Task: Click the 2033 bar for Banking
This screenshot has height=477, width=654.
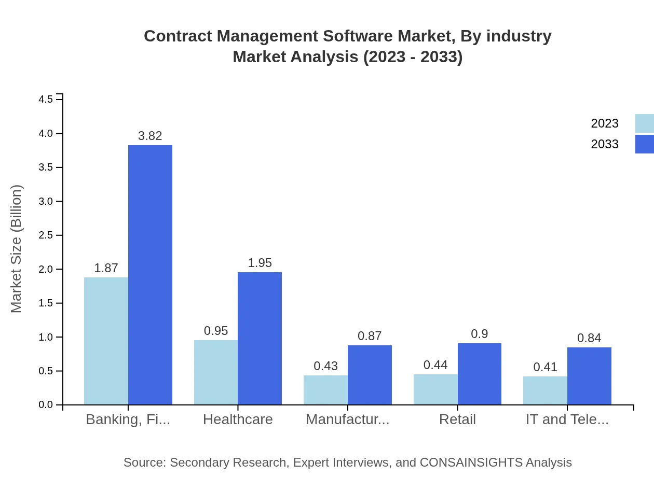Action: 150,275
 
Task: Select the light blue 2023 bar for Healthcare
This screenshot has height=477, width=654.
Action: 216,372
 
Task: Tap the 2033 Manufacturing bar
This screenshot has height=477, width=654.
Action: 370,375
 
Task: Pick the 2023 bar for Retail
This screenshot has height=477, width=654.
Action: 435,389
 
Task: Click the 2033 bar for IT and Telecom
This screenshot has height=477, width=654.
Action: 589,376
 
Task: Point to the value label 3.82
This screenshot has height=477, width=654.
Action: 150,136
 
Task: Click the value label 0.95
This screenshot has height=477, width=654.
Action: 216,331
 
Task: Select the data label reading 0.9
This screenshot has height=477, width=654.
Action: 479,334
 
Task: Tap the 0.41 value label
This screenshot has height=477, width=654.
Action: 545,368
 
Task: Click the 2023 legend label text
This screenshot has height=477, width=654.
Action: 604,123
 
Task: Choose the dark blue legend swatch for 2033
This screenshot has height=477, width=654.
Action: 644,144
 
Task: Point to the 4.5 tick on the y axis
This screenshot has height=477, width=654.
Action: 46,99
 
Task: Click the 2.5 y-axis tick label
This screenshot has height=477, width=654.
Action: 46,235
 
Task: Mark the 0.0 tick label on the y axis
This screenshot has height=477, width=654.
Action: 46,405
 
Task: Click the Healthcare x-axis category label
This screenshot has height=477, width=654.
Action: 238,419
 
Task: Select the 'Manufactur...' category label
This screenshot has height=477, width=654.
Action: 347,419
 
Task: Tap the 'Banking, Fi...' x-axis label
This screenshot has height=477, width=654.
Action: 128,419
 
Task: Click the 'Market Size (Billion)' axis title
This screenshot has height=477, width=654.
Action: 17,249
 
